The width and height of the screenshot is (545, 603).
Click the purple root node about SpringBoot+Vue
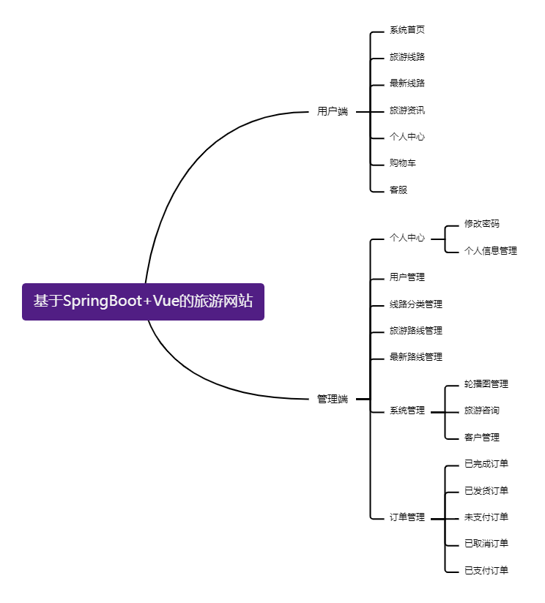click(143, 301)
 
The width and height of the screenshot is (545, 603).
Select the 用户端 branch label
click(333, 112)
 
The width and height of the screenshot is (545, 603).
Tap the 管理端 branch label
click(333, 399)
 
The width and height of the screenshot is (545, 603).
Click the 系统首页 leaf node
click(407, 30)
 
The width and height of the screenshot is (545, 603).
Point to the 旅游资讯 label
click(407, 111)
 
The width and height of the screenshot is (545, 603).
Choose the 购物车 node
click(403, 163)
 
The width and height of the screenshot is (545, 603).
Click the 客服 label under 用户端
click(398, 190)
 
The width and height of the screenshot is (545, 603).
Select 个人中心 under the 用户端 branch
click(407, 137)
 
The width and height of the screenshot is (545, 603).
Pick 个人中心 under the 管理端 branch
click(407, 238)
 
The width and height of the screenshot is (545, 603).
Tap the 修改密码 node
click(482, 224)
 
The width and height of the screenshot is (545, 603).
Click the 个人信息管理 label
click(491, 250)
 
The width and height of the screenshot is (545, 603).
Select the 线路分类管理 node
click(416, 304)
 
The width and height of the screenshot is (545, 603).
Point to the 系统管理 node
click(407, 411)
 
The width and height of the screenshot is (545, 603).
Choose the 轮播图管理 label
click(486, 384)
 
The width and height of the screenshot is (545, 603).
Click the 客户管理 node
click(482, 438)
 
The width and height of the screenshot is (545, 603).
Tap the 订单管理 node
click(407, 517)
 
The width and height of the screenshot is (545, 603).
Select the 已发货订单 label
click(486, 490)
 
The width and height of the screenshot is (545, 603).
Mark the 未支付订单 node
click(486, 517)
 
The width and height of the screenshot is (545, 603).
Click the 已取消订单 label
click(486, 544)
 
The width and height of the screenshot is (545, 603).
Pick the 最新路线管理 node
click(416, 357)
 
